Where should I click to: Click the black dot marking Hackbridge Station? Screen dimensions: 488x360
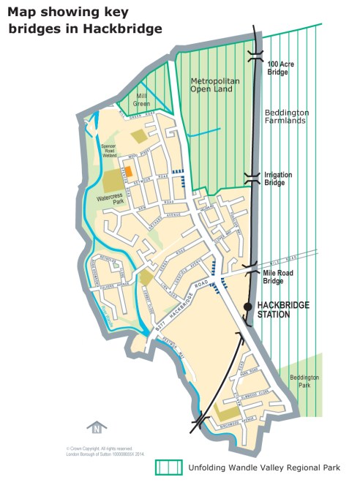tap(248, 305)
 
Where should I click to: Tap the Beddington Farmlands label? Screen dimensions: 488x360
tap(286, 116)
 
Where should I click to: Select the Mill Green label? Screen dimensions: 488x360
tap(141, 100)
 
